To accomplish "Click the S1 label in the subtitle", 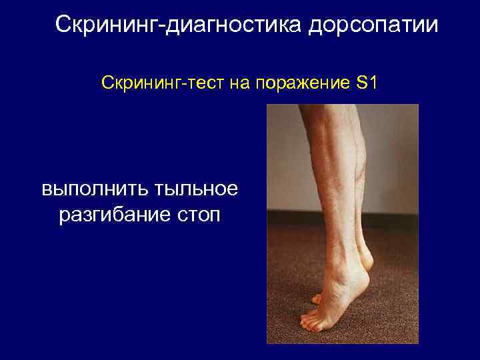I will [x=367, y=84].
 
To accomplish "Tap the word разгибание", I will [x=111, y=217].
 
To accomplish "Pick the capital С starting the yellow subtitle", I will [x=106, y=84].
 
